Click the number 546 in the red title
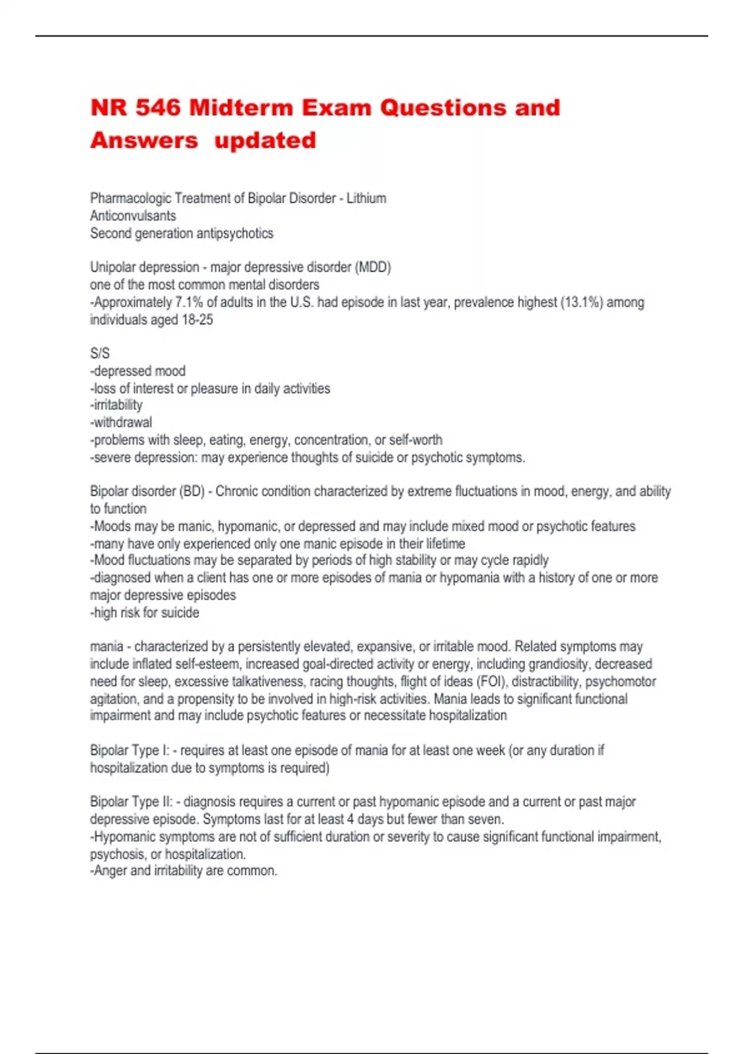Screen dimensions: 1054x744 click(x=158, y=108)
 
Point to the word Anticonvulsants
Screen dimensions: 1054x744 click(x=133, y=216)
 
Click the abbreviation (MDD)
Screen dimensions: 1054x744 click(x=372, y=267)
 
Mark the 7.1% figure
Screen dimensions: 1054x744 click(x=189, y=303)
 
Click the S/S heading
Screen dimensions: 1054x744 click(x=100, y=353)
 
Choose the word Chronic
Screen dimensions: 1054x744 click(x=236, y=492)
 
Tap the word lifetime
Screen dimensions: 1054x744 click(x=445, y=544)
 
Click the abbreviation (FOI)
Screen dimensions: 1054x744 click(x=490, y=681)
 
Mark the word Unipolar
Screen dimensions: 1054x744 click(x=112, y=267)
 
